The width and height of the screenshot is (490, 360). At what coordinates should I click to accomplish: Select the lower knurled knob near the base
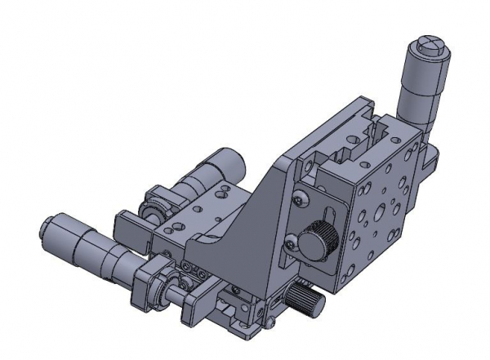click(306, 302)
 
